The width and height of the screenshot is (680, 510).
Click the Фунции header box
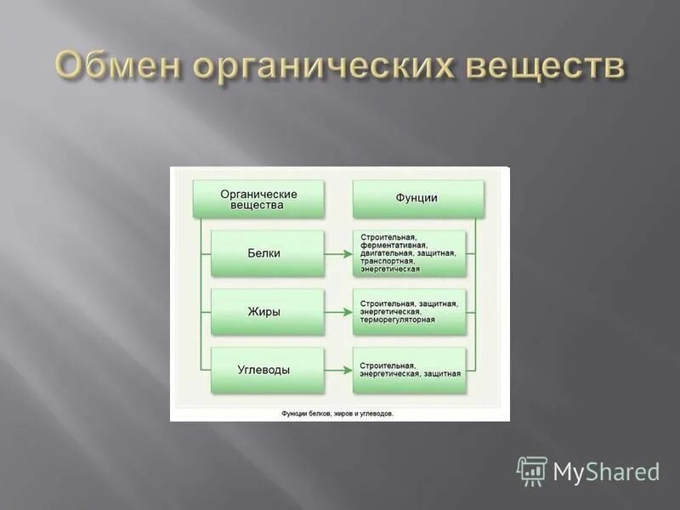point(416,199)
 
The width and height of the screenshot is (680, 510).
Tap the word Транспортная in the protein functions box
point(388,261)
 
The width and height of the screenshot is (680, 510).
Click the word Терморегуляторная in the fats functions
point(397,320)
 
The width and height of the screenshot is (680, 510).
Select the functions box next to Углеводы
point(410,370)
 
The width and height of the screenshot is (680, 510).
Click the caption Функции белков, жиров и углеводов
point(337,414)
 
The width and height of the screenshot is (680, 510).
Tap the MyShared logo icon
point(532,471)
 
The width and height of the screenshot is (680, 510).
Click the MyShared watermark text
point(606,472)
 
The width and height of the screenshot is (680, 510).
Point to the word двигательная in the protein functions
point(388,253)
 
